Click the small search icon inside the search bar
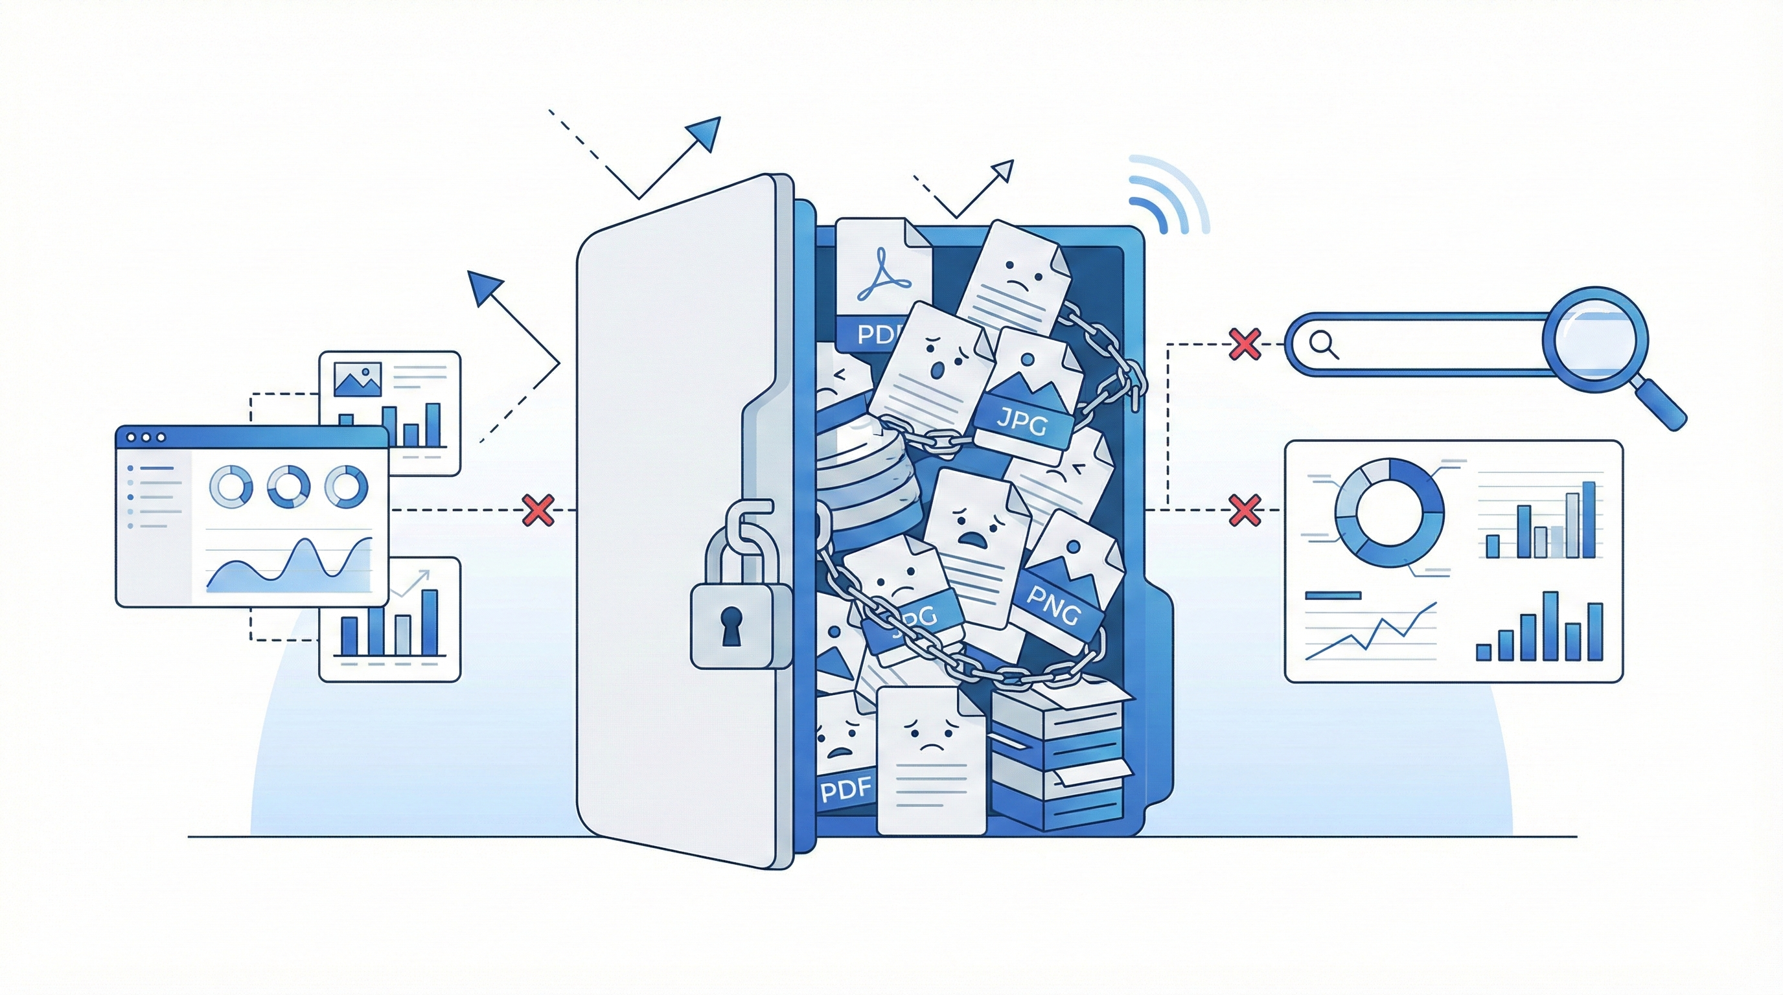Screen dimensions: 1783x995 click(1324, 344)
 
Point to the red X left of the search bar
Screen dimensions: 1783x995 click(1244, 344)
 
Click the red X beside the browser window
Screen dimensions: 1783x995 click(539, 510)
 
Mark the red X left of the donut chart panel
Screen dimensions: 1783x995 click(1244, 510)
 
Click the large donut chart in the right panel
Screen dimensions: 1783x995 click(1389, 512)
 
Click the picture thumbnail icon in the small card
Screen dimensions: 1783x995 click(357, 379)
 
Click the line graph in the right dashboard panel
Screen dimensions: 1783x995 click(1370, 633)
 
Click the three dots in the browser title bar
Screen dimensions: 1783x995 click(144, 437)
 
